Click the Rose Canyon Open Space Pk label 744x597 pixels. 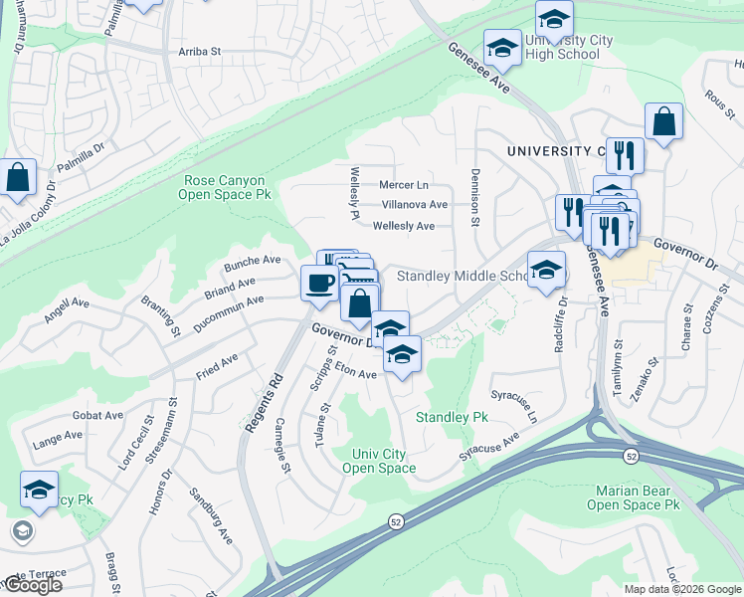click(224, 188)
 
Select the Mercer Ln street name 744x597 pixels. click(403, 185)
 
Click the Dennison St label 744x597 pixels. click(475, 198)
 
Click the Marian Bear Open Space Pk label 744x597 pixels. click(638, 497)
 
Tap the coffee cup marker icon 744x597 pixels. click(318, 283)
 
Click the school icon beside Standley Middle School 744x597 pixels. click(546, 270)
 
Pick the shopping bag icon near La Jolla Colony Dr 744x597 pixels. click(18, 178)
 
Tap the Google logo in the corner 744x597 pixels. click(32, 585)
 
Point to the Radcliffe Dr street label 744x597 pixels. click(563, 315)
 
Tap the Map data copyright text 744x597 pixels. click(682, 589)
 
